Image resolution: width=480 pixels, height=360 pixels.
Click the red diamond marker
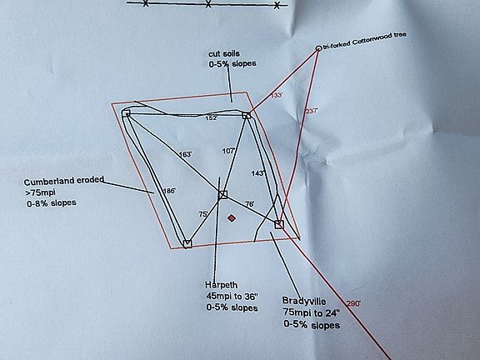click(232, 218)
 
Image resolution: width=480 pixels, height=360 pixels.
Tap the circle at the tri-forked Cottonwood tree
click(318, 48)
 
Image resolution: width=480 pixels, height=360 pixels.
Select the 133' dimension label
click(277, 95)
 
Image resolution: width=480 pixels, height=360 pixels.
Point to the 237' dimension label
click(312, 111)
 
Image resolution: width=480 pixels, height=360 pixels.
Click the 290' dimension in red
click(353, 303)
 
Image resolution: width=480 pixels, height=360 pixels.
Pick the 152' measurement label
click(211, 117)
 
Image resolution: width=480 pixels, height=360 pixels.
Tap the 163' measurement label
click(185, 154)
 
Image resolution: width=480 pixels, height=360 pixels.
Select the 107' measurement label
click(228, 151)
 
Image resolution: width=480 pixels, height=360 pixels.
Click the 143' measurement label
click(258, 173)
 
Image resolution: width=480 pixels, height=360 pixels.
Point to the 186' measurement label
click(169, 191)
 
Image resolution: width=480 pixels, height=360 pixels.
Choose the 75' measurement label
click(203, 214)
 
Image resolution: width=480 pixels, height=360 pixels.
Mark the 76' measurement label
click(249, 204)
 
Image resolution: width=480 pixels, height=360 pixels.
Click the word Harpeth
click(222, 285)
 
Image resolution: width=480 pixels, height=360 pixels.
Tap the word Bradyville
click(304, 301)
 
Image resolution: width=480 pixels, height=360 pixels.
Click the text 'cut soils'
click(224, 53)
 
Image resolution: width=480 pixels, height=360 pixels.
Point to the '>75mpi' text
click(40, 192)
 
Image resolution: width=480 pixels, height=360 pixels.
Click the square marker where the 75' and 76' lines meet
click(222, 195)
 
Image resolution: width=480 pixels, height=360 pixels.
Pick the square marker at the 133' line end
click(247, 115)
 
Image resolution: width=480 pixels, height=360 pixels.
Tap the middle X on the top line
click(208, 4)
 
